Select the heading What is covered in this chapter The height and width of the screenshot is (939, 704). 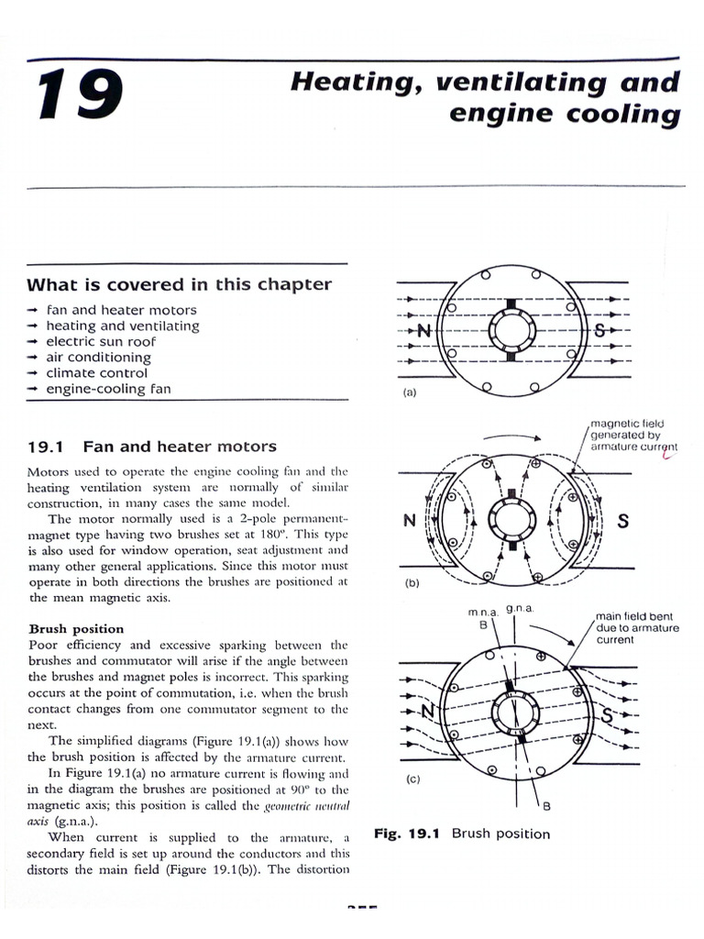[180, 284]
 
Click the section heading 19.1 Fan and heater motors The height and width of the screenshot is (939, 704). [151, 447]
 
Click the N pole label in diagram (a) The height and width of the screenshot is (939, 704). [423, 331]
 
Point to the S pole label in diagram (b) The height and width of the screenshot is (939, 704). [622, 522]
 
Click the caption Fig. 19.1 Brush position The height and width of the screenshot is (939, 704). [462, 834]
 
